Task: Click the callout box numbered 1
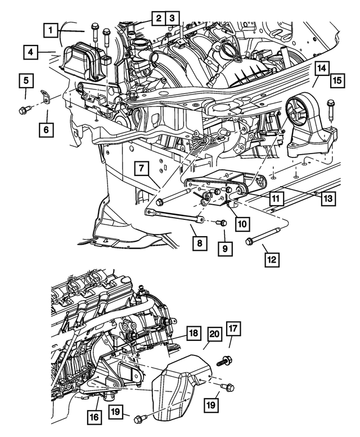(x=51, y=29)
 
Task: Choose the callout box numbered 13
(x=328, y=197)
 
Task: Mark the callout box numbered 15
(x=336, y=79)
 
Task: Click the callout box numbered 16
(x=95, y=417)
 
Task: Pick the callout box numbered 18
(x=193, y=334)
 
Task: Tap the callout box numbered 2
(x=159, y=19)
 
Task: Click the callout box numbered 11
(x=276, y=198)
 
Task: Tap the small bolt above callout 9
(x=222, y=223)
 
